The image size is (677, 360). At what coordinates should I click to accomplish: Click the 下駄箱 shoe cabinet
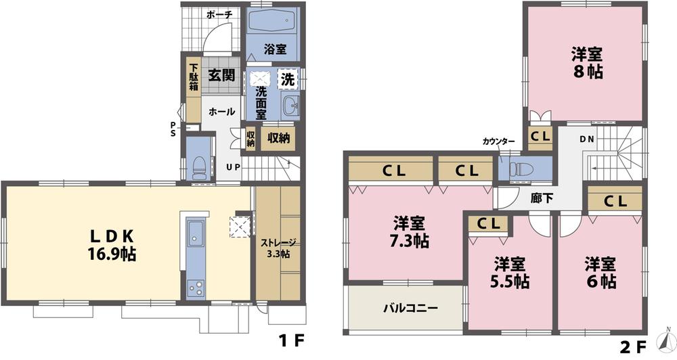coord(194,77)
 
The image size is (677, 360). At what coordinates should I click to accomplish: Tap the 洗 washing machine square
coord(288,78)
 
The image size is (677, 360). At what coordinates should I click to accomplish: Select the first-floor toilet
coord(198,164)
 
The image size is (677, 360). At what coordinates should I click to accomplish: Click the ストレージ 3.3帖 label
coord(278,248)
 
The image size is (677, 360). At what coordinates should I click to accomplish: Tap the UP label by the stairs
coord(232,166)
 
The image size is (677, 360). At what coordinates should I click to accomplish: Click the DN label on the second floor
coord(586,139)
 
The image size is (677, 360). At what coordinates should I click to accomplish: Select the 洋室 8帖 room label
coord(586,63)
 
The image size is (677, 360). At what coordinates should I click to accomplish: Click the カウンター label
coord(499,141)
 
